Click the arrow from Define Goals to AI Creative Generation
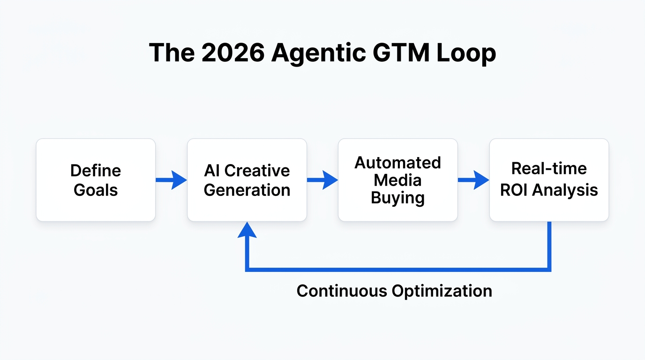pos(171,180)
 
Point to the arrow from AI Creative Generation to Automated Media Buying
pos(322,180)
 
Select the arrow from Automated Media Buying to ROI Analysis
pos(473,180)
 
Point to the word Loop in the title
pos(466,53)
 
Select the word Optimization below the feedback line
pos(442,291)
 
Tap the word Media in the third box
pos(397,180)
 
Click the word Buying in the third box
pos(397,198)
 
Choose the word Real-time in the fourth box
pos(549,168)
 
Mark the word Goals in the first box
pos(96,190)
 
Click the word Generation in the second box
pos(247,190)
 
